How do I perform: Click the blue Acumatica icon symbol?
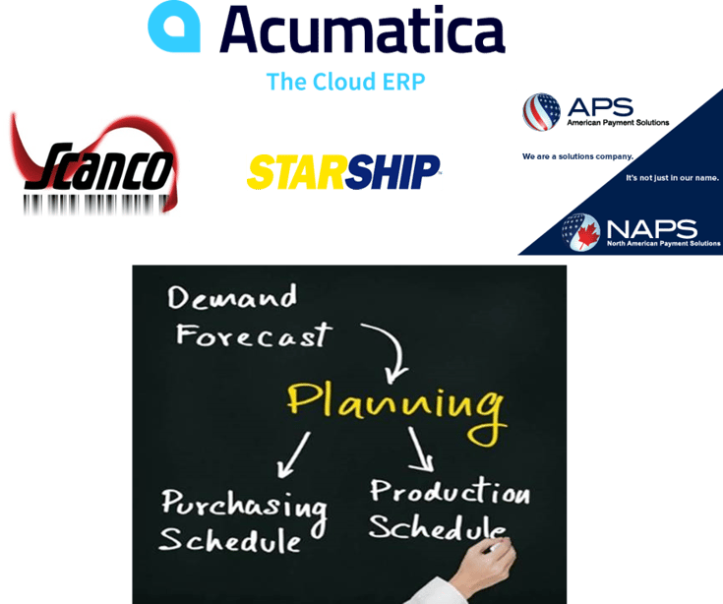point(174,28)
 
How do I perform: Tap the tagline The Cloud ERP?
point(345,82)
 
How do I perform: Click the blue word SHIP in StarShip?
point(393,172)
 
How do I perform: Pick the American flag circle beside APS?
point(541,112)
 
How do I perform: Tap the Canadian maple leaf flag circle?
point(580,231)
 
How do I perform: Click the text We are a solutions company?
point(577,156)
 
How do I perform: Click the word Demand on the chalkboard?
point(232,297)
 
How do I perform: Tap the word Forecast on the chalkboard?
point(251,334)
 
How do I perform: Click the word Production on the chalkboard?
point(450,491)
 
